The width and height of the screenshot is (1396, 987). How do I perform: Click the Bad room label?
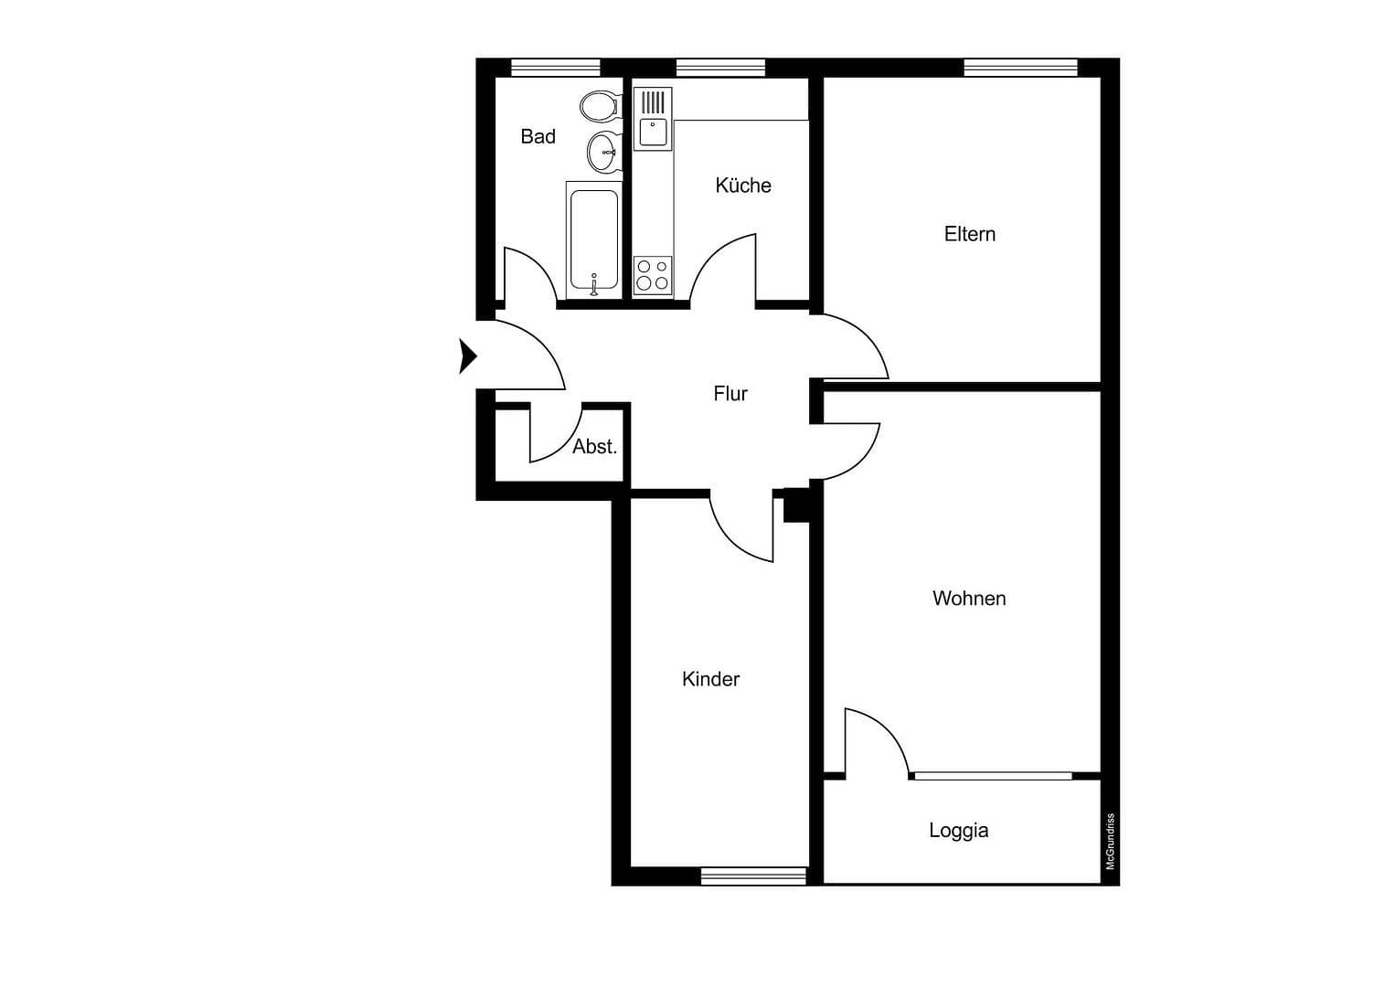click(x=538, y=137)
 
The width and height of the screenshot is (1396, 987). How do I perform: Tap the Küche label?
click(x=742, y=186)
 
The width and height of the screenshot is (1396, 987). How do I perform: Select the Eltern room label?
click(x=969, y=234)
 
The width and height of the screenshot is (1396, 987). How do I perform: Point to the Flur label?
click(x=730, y=394)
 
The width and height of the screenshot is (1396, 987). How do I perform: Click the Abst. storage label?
click(x=594, y=447)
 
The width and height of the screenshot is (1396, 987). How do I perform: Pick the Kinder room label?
click(x=710, y=679)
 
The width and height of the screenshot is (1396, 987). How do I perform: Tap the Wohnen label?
click(x=968, y=599)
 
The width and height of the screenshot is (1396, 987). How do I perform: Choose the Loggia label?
click(x=958, y=831)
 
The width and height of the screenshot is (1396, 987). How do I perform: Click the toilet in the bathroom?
click(x=599, y=106)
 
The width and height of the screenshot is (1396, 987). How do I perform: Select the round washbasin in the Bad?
click(x=602, y=152)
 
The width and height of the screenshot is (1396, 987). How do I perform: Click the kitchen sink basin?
click(x=653, y=133)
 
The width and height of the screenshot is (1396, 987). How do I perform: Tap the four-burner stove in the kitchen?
click(x=653, y=275)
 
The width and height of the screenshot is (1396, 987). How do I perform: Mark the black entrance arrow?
click(x=467, y=356)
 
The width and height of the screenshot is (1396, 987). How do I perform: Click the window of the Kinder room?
click(x=753, y=876)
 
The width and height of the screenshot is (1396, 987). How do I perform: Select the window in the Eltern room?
click(x=1020, y=68)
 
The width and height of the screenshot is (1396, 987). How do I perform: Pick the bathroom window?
click(x=555, y=68)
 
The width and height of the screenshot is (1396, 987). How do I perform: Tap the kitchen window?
click(x=720, y=68)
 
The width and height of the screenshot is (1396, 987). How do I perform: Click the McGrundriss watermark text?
click(x=1111, y=841)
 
